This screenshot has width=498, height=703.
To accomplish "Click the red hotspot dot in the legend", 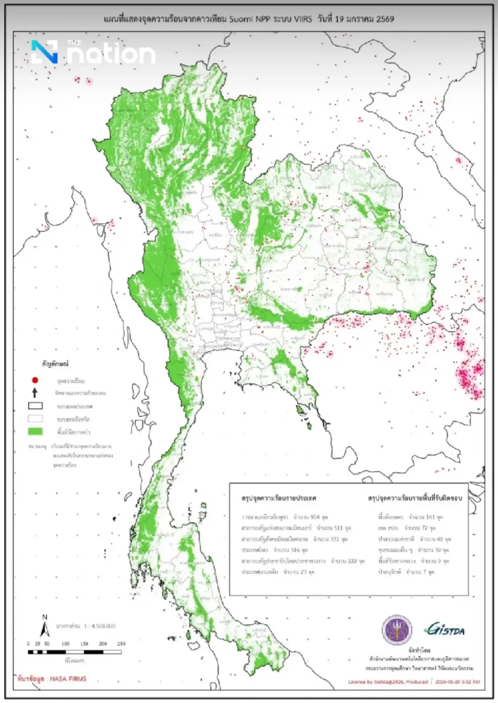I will coord(35,380).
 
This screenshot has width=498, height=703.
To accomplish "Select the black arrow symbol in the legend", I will coord(35,393).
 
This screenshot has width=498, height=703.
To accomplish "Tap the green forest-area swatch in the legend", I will coord(35,432).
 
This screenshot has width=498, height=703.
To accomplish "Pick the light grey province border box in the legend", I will coord(35,418).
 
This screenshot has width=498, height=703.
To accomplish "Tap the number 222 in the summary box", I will coord(352,561).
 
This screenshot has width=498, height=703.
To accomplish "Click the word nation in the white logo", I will coord(111,54).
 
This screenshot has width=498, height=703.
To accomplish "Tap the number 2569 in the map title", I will coord(385,19).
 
